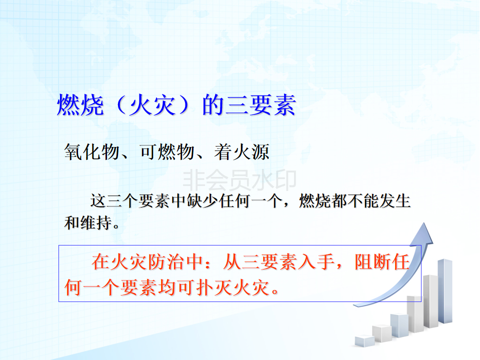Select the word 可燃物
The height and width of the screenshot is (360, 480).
click(167, 152)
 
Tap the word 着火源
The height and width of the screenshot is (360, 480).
click(242, 152)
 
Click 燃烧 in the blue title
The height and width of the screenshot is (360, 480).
click(80, 105)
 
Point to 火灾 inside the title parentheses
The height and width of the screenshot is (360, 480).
click(152, 105)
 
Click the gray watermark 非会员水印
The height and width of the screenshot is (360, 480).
click(239, 179)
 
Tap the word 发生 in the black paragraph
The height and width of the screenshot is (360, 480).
click(395, 201)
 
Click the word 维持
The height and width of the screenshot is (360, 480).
click(96, 222)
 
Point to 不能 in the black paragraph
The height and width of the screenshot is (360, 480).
click(363, 201)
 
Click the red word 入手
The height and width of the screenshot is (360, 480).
click(316, 262)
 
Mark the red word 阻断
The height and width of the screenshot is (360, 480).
click(373, 262)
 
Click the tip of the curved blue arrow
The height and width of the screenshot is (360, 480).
click(424, 223)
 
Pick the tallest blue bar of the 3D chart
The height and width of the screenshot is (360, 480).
click(445, 291)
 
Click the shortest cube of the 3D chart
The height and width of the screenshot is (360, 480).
click(364, 341)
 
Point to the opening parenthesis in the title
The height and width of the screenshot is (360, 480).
click(122, 105)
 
